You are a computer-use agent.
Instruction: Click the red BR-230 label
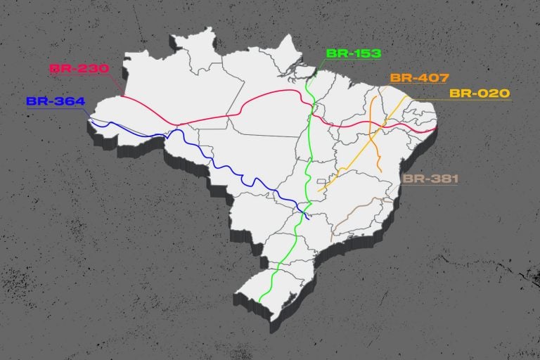pos(79,69)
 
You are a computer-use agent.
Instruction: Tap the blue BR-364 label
pos(56,101)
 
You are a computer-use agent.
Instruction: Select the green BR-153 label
pos(353,53)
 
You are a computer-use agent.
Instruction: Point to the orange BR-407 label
pos(419,77)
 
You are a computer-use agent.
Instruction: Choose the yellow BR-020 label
pos(480,93)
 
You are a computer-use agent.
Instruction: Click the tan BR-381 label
pos(430,179)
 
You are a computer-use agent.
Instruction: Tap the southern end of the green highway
pos(260,301)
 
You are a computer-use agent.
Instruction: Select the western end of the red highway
pos(121,96)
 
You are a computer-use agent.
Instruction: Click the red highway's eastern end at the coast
pos(435,130)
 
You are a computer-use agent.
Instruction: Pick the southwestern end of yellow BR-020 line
pos(319,190)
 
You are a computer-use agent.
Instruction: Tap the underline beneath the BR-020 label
pos(478,101)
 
